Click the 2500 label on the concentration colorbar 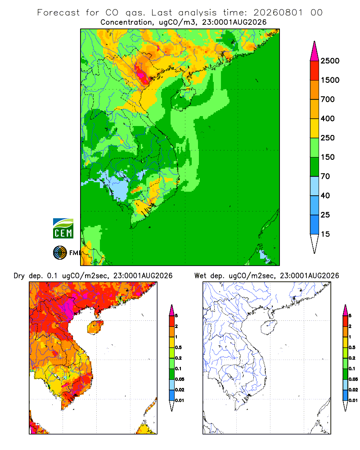pyautogui.click(x=330, y=61)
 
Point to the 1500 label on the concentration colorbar pyautogui.click(x=330, y=80)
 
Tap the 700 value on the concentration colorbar pyautogui.click(x=328, y=99)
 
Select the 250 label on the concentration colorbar pyautogui.click(x=328, y=138)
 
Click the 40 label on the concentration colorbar pyautogui.click(x=325, y=195)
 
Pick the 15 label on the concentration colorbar pyautogui.click(x=325, y=234)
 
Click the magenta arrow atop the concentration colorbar pyautogui.click(x=315, y=51)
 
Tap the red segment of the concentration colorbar pyautogui.click(x=315, y=71)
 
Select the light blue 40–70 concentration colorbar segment pyautogui.click(x=315, y=186)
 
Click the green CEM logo pyautogui.click(x=63, y=228)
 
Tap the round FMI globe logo pyautogui.click(x=60, y=253)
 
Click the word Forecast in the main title pyautogui.click(x=58, y=13)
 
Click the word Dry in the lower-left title pyautogui.click(x=19, y=276)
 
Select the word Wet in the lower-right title pyautogui.click(x=200, y=276)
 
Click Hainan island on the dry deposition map pyautogui.click(x=95, y=328)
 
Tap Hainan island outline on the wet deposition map pyautogui.click(x=269, y=328)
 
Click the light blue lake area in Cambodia pyautogui.click(x=118, y=187)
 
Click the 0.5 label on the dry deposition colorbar pyautogui.click(x=178, y=347)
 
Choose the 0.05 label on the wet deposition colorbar pyautogui.click(x=353, y=379)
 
